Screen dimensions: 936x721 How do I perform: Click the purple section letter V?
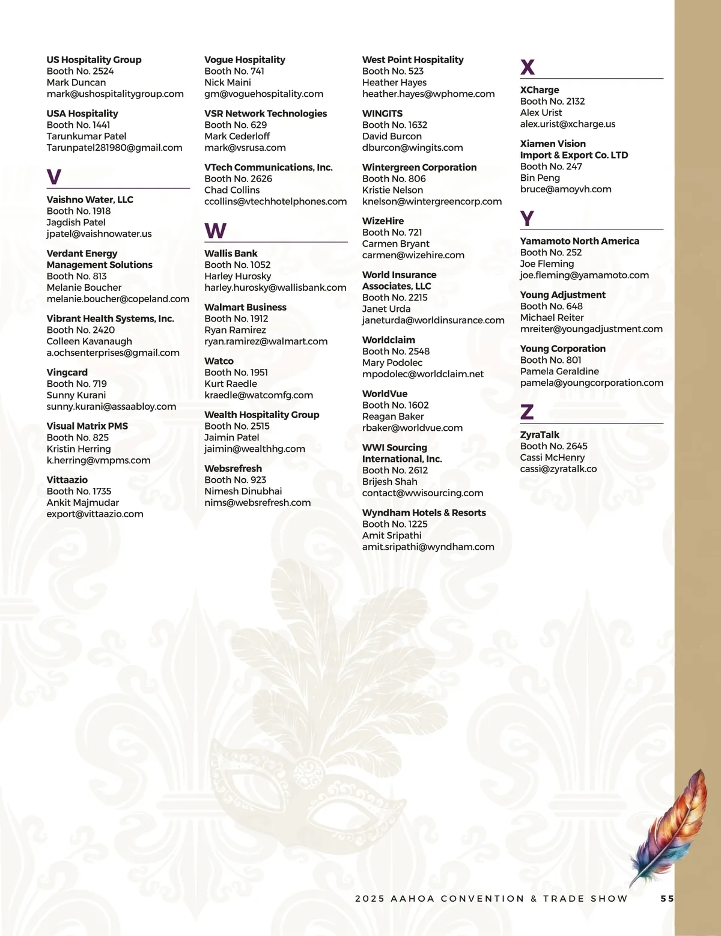[54, 177]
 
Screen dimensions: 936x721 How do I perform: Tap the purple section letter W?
[215, 231]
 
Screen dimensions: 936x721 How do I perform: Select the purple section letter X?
[528, 67]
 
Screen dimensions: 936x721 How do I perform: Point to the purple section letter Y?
[527, 219]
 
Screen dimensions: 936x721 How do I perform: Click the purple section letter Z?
[527, 413]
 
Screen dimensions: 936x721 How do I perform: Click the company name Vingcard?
[67, 372]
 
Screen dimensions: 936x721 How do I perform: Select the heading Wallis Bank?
[231, 254]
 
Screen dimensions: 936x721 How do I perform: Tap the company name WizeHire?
[383, 221]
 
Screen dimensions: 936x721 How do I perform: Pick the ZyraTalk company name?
[540, 435]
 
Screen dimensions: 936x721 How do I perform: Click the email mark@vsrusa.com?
[245, 148]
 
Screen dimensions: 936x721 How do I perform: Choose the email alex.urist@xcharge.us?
[568, 124]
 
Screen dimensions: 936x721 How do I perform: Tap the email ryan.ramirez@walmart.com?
[266, 342]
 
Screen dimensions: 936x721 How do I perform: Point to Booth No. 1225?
[395, 524]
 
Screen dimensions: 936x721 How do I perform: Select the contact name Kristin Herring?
[79, 449]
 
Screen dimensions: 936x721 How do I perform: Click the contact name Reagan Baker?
[393, 417]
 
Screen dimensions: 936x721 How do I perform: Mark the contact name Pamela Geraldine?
[559, 372]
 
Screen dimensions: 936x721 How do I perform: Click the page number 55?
[667, 899]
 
